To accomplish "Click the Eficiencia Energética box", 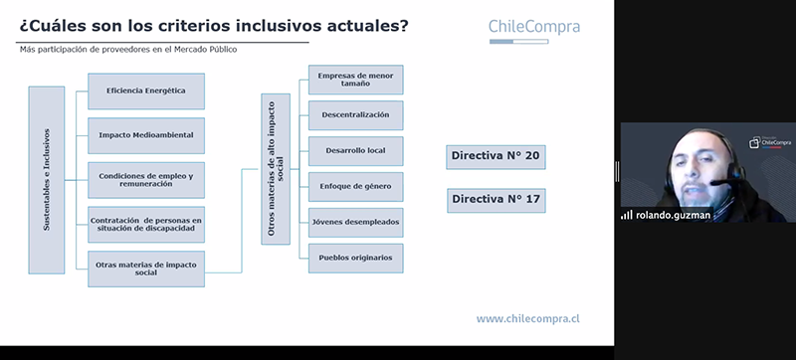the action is pos(146,91).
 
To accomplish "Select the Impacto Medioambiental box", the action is pos(146,135).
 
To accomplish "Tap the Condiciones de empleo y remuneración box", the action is pos(146,180).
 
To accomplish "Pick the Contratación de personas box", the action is pos(146,224).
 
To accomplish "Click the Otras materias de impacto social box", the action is pos(146,269).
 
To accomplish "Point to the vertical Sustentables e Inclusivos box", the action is pos(47,180).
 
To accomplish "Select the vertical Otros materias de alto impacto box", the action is pos(276,169).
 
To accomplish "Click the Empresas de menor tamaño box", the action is pos(356,80).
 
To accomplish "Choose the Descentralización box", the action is pos(356,115).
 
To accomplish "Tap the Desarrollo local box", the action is pos(356,151).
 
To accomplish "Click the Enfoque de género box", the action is pos(356,187).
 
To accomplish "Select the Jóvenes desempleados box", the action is pos(356,222).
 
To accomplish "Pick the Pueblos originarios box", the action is pos(356,259).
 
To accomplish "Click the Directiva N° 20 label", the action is pos(496,157).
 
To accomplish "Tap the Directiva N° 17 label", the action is pos(496,200).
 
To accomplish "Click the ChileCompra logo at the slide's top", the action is pos(534,30).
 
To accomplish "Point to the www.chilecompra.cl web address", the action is pos(528,319).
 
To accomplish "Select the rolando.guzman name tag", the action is pos(673,215).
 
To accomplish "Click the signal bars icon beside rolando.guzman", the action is pos(627,215).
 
